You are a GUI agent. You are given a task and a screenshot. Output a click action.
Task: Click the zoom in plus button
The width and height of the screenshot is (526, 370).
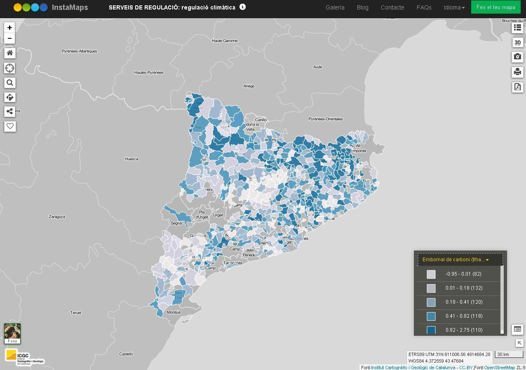pyautogui.click(x=10, y=28)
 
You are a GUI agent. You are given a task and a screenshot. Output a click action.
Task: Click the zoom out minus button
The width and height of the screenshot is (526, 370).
pyautogui.click(x=10, y=38)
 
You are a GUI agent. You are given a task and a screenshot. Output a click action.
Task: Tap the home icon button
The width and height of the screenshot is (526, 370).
pyautogui.click(x=10, y=53)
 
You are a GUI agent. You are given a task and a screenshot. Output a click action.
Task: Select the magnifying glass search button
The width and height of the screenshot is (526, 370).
pyautogui.click(x=10, y=83)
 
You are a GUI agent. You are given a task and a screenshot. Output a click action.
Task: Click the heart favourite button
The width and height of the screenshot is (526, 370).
pyautogui.click(x=10, y=126)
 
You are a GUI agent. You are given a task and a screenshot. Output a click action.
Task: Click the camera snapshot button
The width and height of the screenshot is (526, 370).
pyautogui.click(x=518, y=56)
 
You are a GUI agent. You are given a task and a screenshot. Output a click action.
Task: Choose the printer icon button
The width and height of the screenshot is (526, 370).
pyautogui.click(x=518, y=72)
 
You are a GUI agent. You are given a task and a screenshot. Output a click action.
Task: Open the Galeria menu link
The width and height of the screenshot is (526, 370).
pyautogui.click(x=335, y=7)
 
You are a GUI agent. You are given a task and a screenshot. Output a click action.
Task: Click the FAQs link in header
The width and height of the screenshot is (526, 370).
pyautogui.click(x=424, y=7)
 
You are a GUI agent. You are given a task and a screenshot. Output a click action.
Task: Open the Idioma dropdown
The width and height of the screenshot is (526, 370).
pyautogui.click(x=454, y=7)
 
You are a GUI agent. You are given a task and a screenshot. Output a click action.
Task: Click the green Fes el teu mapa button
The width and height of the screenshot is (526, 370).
pyautogui.click(x=495, y=7)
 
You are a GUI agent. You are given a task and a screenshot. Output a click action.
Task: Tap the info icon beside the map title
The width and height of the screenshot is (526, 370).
pyautogui.click(x=242, y=7)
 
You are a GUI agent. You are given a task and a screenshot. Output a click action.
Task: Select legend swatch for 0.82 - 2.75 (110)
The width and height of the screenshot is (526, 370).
pyautogui.click(x=431, y=330)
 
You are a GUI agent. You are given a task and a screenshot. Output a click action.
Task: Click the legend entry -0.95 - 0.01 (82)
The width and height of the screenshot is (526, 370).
pyautogui.click(x=463, y=274)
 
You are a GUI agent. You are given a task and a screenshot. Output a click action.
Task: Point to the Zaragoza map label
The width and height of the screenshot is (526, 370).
pyautogui.click(x=57, y=216)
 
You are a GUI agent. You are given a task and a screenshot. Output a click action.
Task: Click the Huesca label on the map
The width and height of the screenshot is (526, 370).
pyautogui.click(x=131, y=159)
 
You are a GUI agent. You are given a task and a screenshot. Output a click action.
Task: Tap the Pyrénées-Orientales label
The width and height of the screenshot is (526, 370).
pyautogui.click(x=325, y=119)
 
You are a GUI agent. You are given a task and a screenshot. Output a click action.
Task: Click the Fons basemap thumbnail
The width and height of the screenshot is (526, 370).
pyautogui.click(x=12, y=333)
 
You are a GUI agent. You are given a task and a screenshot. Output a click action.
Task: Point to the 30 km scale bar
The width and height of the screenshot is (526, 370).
pyautogui.click(x=509, y=354)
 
